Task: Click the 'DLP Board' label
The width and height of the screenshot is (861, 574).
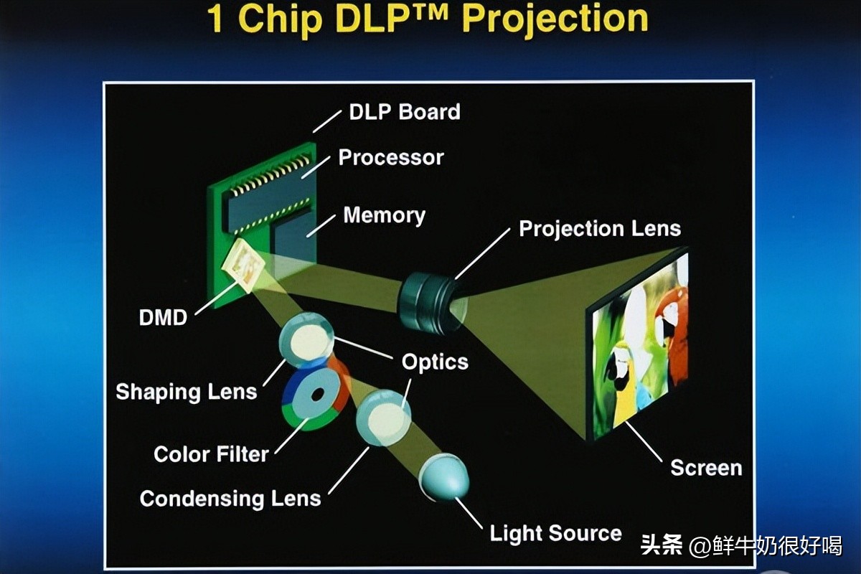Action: (405, 112)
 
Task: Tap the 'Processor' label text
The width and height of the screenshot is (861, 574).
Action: (391, 157)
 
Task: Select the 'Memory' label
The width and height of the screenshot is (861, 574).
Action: (385, 215)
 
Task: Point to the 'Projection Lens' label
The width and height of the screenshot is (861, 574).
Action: (600, 229)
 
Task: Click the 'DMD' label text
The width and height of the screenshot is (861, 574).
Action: (163, 318)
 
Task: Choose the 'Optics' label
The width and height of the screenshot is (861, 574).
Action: (435, 362)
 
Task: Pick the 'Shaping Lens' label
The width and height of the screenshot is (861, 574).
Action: (187, 392)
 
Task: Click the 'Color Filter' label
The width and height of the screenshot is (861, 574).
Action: (211, 454)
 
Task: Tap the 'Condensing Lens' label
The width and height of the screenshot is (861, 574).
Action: (230, 499)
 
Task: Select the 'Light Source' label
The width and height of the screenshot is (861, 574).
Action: (555, 533)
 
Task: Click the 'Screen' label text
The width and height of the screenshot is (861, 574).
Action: (706, 468)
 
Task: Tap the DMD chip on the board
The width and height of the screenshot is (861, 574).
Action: (244, 265)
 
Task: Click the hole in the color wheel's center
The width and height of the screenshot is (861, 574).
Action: (318, 395)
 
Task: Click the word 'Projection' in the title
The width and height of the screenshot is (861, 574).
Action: (555, 19)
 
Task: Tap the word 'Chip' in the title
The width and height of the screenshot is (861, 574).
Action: (281, 19)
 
